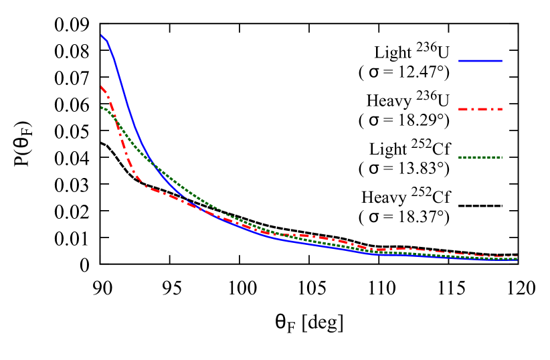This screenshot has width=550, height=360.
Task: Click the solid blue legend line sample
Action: pyautogui.click(x=480, y=61)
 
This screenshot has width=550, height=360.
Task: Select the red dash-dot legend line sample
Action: pyautogui.click(x=480, y=109)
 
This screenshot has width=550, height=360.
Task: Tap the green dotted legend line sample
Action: pyautogui.click(x=480, y=158)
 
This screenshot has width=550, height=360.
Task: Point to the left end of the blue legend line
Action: pyautogui.click(x=460, y=61)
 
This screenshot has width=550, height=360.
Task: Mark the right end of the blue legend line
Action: pyautogui.click(x=502, y=61)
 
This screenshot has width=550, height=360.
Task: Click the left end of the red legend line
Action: pyautogui.click(x=460, y=109)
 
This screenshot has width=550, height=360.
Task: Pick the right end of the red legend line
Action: pyautogui.click(x=502, y=109)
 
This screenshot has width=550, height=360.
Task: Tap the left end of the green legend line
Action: pyautogui.click(x=460, y=158)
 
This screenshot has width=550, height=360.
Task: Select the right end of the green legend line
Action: pyautogui.click(x=502, y=158)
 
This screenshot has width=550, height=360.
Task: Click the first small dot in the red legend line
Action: pyautogui.click(x=476, y=109)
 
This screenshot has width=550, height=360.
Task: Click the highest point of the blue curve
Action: pyautogui.click(x=101, y=35)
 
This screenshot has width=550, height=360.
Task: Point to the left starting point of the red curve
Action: pyautogui.click(x=101, y=86)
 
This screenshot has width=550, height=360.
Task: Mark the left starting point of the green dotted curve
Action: pyautogui.click(x=101, y=107)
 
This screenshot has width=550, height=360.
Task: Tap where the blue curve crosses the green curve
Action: pyautogui.click(x=151, y=161)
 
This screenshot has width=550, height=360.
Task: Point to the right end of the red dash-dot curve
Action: pyautogui.click(x=517, y=256)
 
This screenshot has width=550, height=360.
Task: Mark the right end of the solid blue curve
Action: pyautogui.click(x=517, y=259)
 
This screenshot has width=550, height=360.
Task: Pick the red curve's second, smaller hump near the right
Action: pyautogui.click(x=401, y=249)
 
